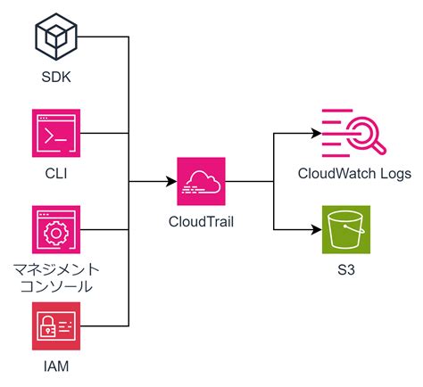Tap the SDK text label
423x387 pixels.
[55, 78]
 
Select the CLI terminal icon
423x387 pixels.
[55, 133]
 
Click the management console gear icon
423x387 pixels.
[55, 229]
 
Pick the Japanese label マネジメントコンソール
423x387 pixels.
[55, 277]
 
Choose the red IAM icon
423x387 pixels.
[55, 326]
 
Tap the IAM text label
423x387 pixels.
[55, 366]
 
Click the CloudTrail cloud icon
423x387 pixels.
[202, 182]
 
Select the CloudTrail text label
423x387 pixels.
[202, 220]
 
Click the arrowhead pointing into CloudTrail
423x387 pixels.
[171, 182]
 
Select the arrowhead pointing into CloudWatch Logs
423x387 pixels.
[316, 134]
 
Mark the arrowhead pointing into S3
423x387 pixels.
[316, 230]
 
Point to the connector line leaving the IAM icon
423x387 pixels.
[103, 326]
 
